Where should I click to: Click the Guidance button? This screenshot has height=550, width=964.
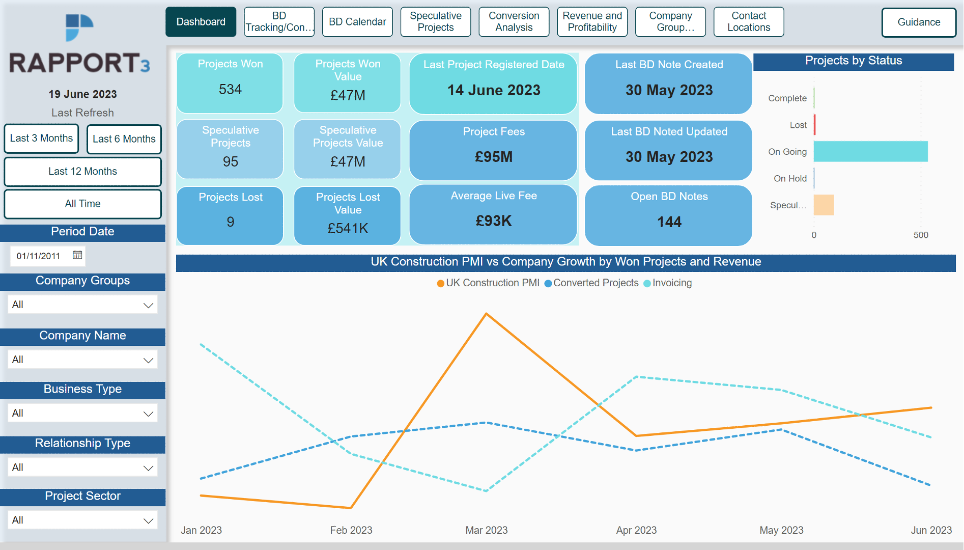918,22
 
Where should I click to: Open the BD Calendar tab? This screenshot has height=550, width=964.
357,22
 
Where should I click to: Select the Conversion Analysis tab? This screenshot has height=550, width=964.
514,22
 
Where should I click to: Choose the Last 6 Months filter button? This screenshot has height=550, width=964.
124,139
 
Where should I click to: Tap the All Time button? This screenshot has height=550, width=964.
82,204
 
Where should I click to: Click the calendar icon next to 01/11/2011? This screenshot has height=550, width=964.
77,255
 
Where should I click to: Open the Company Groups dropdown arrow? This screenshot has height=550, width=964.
148,305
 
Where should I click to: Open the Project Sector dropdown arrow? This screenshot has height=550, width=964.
148,520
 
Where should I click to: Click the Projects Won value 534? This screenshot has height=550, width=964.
230,90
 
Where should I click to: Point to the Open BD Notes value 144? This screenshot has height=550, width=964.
669,222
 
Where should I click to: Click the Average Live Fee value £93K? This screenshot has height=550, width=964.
493,221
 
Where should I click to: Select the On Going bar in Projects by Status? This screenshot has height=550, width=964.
870,152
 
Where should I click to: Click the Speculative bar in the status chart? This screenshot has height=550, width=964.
824,205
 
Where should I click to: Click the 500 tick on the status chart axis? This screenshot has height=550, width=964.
920,235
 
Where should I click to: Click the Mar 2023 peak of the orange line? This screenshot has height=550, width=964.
487,314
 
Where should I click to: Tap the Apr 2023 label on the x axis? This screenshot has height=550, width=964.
636,530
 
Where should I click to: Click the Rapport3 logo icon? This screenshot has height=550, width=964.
79,28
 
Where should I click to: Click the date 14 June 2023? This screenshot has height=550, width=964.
493,90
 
